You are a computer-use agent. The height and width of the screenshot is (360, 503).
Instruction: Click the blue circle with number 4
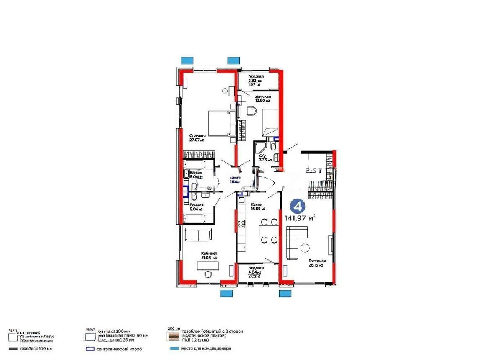click(x=297, y=206)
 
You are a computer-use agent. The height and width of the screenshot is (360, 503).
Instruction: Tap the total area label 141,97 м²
click(x=300, y=218)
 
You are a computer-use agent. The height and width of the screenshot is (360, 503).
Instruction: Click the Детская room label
click(x=262, y=98)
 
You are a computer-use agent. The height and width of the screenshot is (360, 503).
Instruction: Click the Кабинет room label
click(x=209, y=255)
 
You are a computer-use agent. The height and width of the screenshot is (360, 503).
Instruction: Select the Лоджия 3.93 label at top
click(x=256, y=79)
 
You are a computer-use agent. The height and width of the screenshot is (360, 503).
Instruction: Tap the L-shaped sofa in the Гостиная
click(x=296, y=241)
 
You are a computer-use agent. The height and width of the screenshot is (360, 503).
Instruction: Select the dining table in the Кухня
click(x=268, y=231)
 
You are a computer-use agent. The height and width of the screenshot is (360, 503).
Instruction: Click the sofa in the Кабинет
click(x=198, y=235)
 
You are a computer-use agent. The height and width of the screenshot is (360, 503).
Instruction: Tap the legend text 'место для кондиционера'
click(x=206, y=349)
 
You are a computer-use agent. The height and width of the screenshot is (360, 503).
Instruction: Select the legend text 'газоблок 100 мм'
click(x=39, y=349)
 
